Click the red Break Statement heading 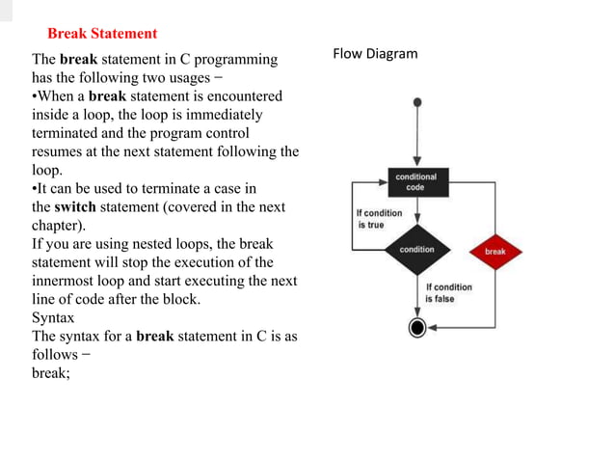tap(102, 34)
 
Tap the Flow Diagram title tap(375, 53)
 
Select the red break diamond tap(495, 251)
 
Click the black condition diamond tap(416, 250)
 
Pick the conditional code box tap(415, 181)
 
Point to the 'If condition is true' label tap(379, 218)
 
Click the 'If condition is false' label tap(448, 292)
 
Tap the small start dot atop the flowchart tap(416, 101)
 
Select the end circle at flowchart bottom tap(416, 328)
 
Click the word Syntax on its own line tap(53, 317)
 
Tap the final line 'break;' tap(51, 372)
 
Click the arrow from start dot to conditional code tap(416, 135)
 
